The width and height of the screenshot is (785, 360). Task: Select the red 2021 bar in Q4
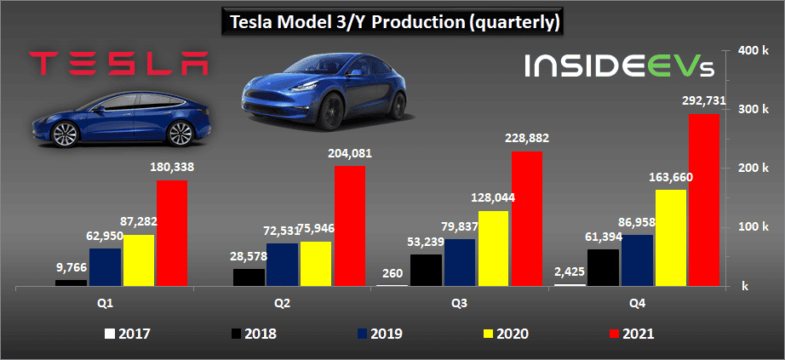click(704, 199)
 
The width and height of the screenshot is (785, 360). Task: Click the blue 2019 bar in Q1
click(105, 266)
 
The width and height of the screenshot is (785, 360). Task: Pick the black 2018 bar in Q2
click(249, 277)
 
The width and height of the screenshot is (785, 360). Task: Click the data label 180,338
click(170, 167)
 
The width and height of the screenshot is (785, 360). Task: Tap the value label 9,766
click(71, 266)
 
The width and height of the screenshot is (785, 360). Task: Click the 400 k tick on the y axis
click(754, 50)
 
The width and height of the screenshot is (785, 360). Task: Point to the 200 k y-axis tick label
click(754, 168)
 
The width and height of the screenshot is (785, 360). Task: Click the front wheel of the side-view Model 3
click(64, 134)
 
